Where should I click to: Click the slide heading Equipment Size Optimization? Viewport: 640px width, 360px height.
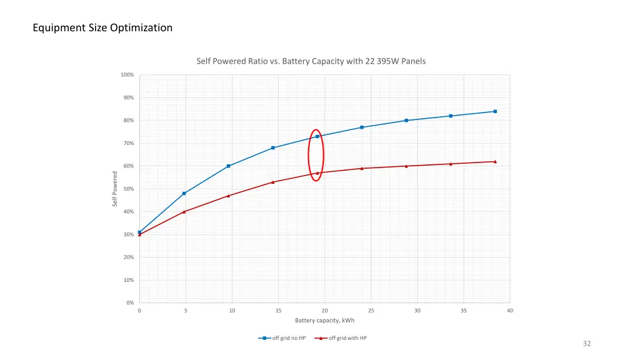click(x=103, y=27)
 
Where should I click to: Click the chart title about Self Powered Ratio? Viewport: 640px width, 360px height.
click(x=311, y=61)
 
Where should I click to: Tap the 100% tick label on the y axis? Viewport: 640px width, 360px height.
click(x=127, y=75)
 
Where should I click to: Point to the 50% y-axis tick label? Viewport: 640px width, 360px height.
click(x=127, y=189)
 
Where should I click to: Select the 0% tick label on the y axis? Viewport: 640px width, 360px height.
click(x=129, y=303)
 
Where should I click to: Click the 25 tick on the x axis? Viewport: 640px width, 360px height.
click(x=371, y=311)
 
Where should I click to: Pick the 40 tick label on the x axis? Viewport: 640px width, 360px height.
click(x=510, y=311)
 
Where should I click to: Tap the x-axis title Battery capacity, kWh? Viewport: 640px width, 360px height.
click(x=324, y=321)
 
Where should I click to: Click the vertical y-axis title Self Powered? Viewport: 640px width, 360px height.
click(x=115, y=189)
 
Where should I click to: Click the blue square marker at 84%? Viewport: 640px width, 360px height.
click(x=495, y=111)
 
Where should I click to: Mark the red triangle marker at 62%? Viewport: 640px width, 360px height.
click(x=495, y=161)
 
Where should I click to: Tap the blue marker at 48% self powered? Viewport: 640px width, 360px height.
click(x=184, y=193)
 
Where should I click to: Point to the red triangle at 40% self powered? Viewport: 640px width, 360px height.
click(x=184, y=212)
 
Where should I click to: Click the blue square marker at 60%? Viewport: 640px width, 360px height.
click(x=229, y=166)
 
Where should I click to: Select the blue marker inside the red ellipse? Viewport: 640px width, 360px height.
click(x=317, y=136)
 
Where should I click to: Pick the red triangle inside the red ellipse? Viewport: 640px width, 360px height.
click(x=317, y=173)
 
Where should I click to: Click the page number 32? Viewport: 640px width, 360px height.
click(x=586, y=344)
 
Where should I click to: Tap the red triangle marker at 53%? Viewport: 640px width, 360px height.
click(x=273, y=182)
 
